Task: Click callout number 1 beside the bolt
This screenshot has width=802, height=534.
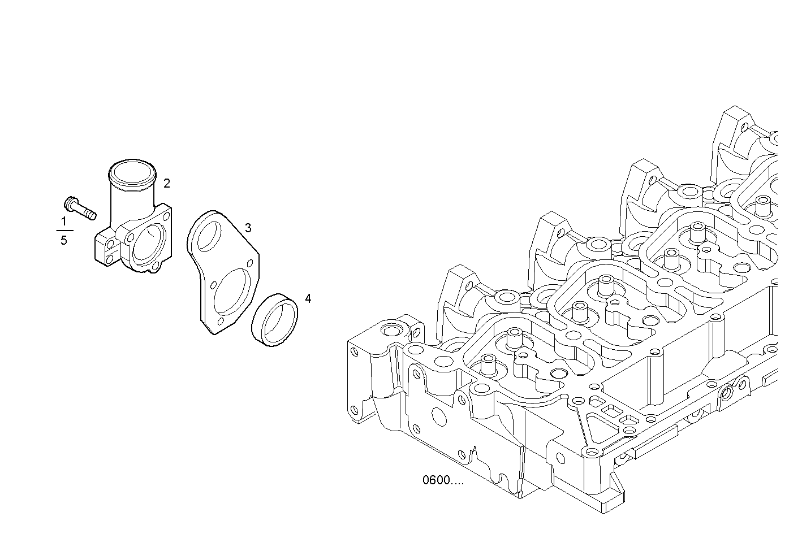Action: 63,221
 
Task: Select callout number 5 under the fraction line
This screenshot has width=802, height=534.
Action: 63,241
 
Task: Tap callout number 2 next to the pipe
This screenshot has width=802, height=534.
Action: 167,183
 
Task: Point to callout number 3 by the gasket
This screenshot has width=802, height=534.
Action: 248,228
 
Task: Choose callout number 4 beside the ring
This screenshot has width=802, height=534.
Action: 308,298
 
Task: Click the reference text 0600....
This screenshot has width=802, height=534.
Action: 442,480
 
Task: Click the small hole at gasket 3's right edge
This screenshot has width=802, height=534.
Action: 249,262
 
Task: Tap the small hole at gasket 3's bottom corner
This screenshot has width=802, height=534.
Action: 220,323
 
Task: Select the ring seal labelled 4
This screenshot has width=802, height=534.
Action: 275,320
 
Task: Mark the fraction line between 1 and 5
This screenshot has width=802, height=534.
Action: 64,231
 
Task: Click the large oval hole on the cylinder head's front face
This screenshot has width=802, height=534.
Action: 439,415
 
